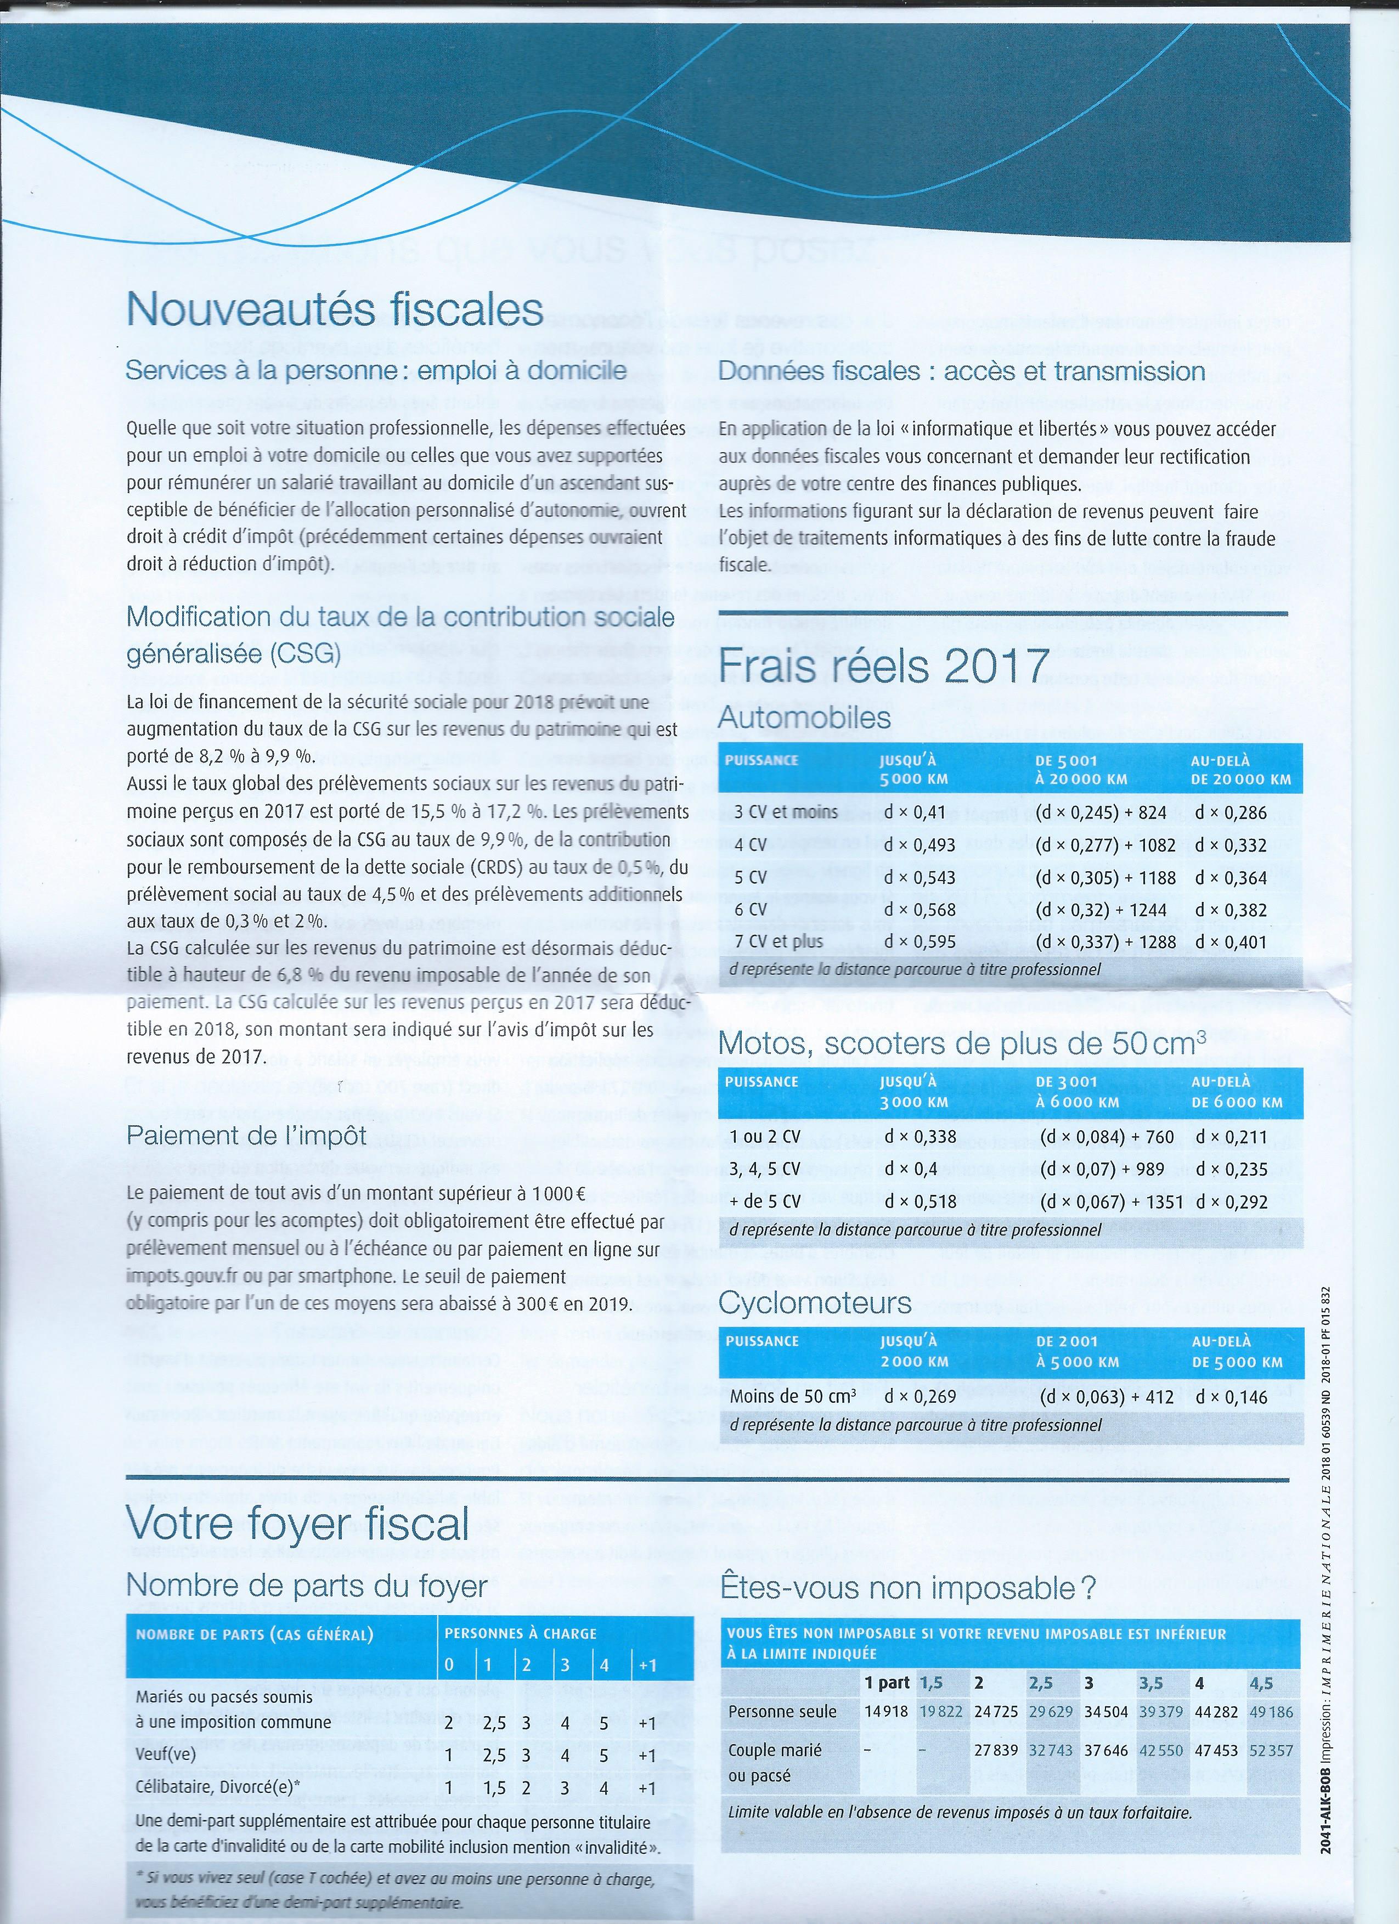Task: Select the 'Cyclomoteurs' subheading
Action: tap(815, 1302)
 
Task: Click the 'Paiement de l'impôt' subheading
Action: tap(246, 1135)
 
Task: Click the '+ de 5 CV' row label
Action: tap(765, 1201)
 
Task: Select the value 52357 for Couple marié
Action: tap(1271, 1750)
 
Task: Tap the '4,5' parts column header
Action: tap(1261, 1683)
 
